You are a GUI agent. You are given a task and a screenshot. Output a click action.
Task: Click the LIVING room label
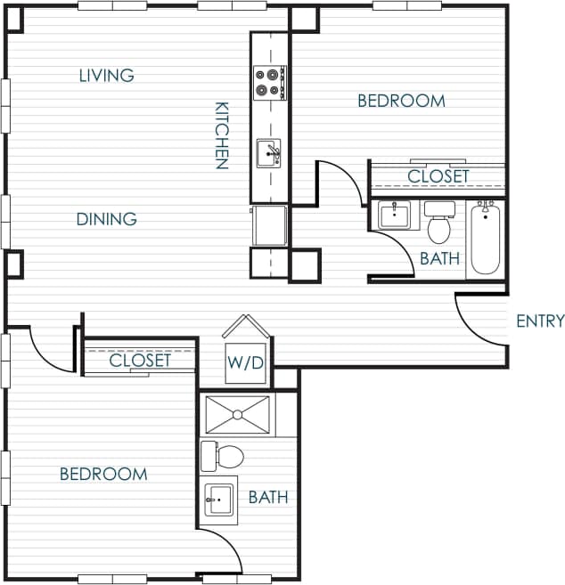106,76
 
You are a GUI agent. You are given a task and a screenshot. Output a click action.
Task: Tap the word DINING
106,219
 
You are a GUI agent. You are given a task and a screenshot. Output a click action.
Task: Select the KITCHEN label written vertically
222,134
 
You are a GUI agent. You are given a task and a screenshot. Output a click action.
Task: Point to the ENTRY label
540,321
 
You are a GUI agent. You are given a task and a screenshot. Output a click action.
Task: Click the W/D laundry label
243,362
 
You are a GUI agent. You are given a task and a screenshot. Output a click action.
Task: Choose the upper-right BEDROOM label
401,102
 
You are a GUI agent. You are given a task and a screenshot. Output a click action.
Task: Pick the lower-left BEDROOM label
103,474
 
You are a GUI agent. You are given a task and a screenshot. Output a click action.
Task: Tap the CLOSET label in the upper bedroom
438,176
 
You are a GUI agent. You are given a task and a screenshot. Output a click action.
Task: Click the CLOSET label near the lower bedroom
139,362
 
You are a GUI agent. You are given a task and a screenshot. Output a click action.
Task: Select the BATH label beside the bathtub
439,259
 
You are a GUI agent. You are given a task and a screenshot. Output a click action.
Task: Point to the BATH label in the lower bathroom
268,497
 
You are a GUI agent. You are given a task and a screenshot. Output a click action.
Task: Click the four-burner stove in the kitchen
269,82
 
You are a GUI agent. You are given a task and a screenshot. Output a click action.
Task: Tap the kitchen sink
269,153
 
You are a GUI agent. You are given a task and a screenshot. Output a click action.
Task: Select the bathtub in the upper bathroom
486,238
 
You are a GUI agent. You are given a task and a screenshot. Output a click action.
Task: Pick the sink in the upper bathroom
393,215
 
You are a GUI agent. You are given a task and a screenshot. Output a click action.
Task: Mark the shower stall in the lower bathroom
236,415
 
